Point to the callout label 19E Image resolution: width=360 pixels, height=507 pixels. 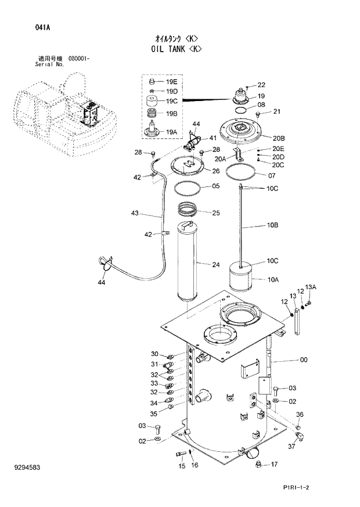coord(171,82)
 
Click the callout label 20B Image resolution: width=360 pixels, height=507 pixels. coord(278,138)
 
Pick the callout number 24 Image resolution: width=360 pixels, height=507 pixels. coord(215,265)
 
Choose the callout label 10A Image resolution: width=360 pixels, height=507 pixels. coord(273,280)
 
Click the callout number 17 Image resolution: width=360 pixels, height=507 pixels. coord(274,464)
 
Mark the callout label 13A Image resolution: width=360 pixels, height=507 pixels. coord(311,287)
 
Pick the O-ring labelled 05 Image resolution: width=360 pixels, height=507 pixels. coord(189,188)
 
